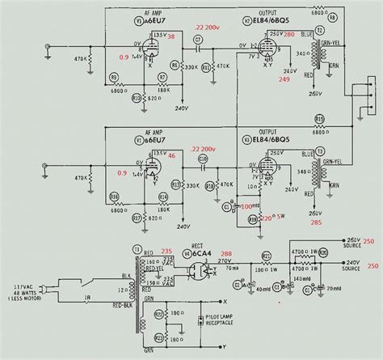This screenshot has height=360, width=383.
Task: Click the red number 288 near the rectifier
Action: coord(225,252)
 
